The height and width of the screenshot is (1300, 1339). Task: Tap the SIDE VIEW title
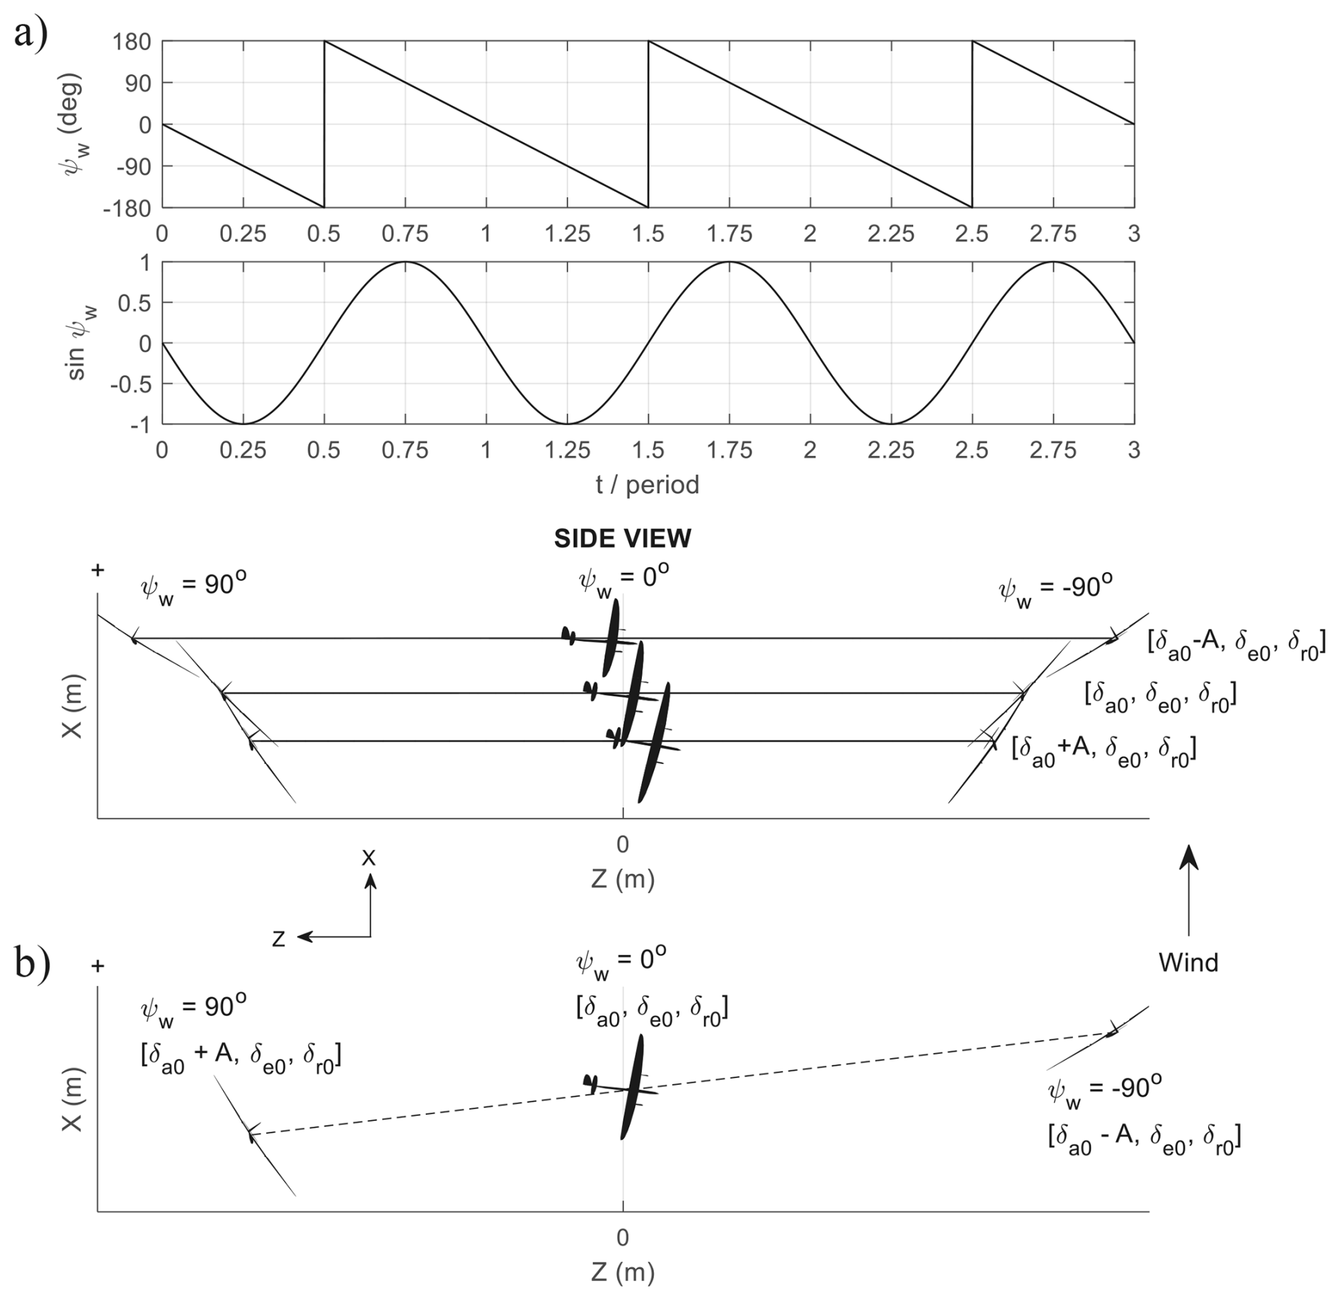click(x=622, y=539)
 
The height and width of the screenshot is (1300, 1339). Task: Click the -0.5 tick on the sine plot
click(x=130, y=384)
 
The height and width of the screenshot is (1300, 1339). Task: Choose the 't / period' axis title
click(x=647, y=484)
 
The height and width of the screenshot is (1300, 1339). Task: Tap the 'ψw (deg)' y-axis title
click(x=71, y=124)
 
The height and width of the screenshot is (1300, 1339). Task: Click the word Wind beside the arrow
click(x=1188, y=962)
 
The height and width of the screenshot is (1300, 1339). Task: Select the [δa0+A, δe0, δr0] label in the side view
click(x=1103, y=749)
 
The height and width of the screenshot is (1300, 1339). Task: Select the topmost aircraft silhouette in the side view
click(x=609, y=637)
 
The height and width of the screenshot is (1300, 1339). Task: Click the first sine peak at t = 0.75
click(x=405, y=262)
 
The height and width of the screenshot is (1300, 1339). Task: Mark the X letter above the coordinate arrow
click(x=369, y=858)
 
